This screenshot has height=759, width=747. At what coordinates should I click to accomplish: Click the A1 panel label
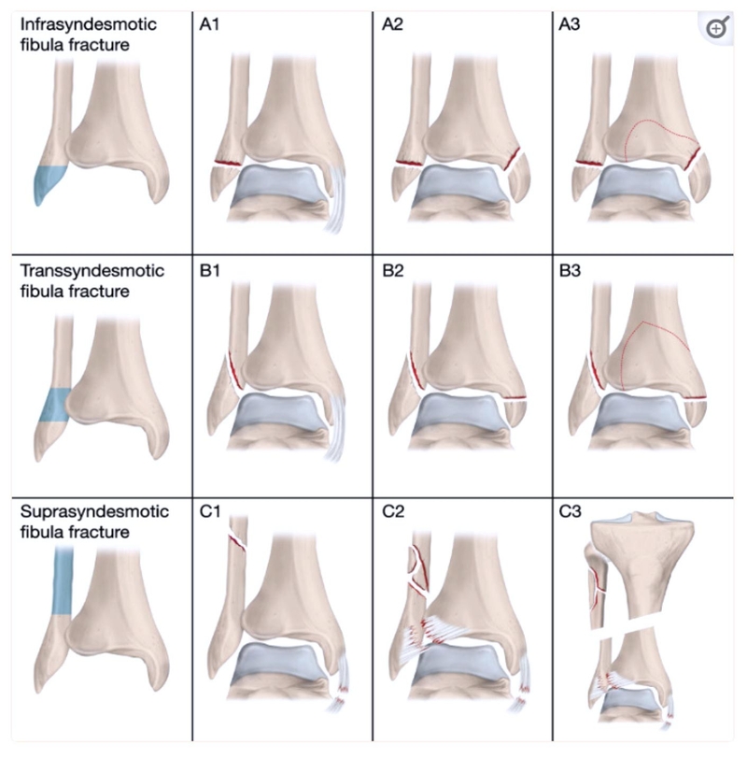coord(209,24)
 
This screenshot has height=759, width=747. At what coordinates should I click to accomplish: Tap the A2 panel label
coord(392,24)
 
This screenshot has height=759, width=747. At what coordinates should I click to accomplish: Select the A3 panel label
coord(569,24)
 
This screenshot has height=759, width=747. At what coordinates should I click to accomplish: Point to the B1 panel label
coord(209,270)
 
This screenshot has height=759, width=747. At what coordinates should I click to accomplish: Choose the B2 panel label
coord(392,270)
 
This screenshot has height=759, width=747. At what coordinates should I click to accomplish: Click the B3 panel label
coord(570,270)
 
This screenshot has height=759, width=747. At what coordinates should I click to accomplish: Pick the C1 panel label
coord(210,511)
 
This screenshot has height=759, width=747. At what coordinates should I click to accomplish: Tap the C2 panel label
coord(392,511)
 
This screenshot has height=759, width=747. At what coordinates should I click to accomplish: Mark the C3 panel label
coord(570,511)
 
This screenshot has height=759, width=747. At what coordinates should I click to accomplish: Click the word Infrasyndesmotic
coord(89,24)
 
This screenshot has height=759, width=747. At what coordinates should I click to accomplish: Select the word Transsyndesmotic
coord(92,270)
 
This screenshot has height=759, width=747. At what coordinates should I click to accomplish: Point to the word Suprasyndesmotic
coord(94,511)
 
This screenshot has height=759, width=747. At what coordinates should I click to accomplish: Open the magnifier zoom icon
coord(717,28)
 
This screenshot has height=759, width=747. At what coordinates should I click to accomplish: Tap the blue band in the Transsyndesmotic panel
coord(55,405)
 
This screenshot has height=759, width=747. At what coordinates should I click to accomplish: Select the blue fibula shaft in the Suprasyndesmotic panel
coord(63,580)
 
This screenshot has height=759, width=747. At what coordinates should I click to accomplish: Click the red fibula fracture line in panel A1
coord(228,164)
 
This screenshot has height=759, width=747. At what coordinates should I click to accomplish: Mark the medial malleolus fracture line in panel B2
coord(514,398)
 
